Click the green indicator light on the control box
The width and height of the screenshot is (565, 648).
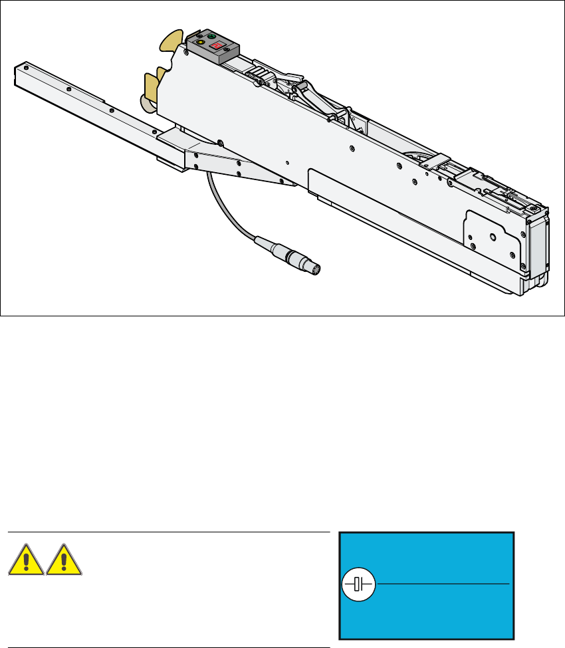click(x=212, y=36)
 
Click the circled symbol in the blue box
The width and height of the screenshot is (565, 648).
click(x=359, y=584)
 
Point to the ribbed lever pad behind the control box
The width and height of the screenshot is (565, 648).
click(x=259, y=70)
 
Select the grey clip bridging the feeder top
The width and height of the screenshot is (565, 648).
click(x=432, y=160)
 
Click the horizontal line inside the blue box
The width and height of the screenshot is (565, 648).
click(x=443, y=584)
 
